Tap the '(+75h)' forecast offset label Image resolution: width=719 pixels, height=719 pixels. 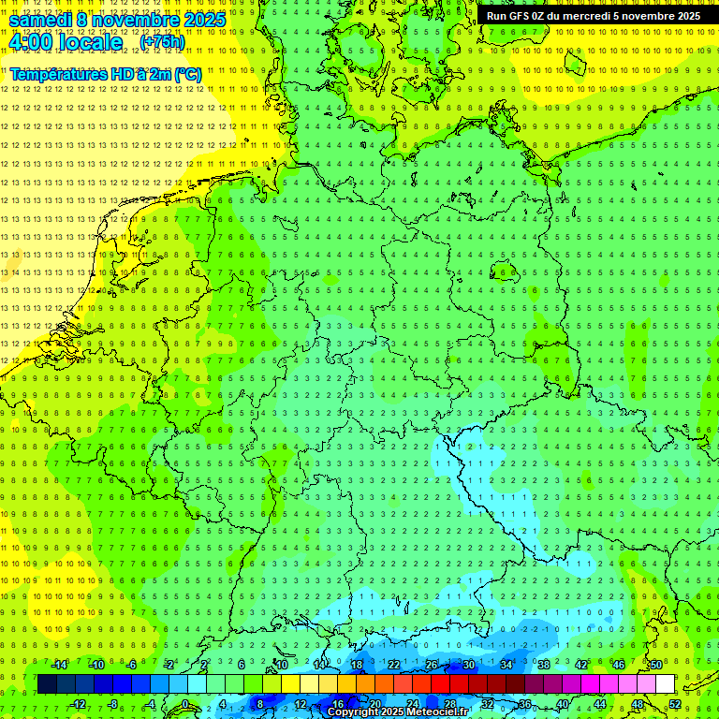coord(162,42)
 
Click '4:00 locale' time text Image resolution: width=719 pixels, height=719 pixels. coord(66,42)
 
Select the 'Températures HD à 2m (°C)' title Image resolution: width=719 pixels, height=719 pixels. coord(106,74)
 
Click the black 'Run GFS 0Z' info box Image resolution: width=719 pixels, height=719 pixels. coord(593,16)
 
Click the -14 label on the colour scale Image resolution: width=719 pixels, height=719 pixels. coord(60,665)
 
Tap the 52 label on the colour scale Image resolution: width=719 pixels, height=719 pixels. coord(675,703)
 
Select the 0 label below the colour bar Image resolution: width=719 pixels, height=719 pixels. coord(185,703)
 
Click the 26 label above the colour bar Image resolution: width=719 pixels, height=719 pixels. coord(432,665)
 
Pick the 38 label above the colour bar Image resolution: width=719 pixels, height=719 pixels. coord(544,665)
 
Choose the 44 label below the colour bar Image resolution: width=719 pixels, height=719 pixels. coord(600,703)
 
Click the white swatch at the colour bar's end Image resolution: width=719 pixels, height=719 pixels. coord(666,684)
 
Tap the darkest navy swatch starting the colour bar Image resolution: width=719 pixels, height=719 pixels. coord(47,684)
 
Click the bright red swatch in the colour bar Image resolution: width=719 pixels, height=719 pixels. coord(440,684)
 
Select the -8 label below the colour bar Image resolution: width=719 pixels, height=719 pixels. coord(111,703)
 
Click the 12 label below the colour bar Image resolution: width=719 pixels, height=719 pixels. coord(301,703)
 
